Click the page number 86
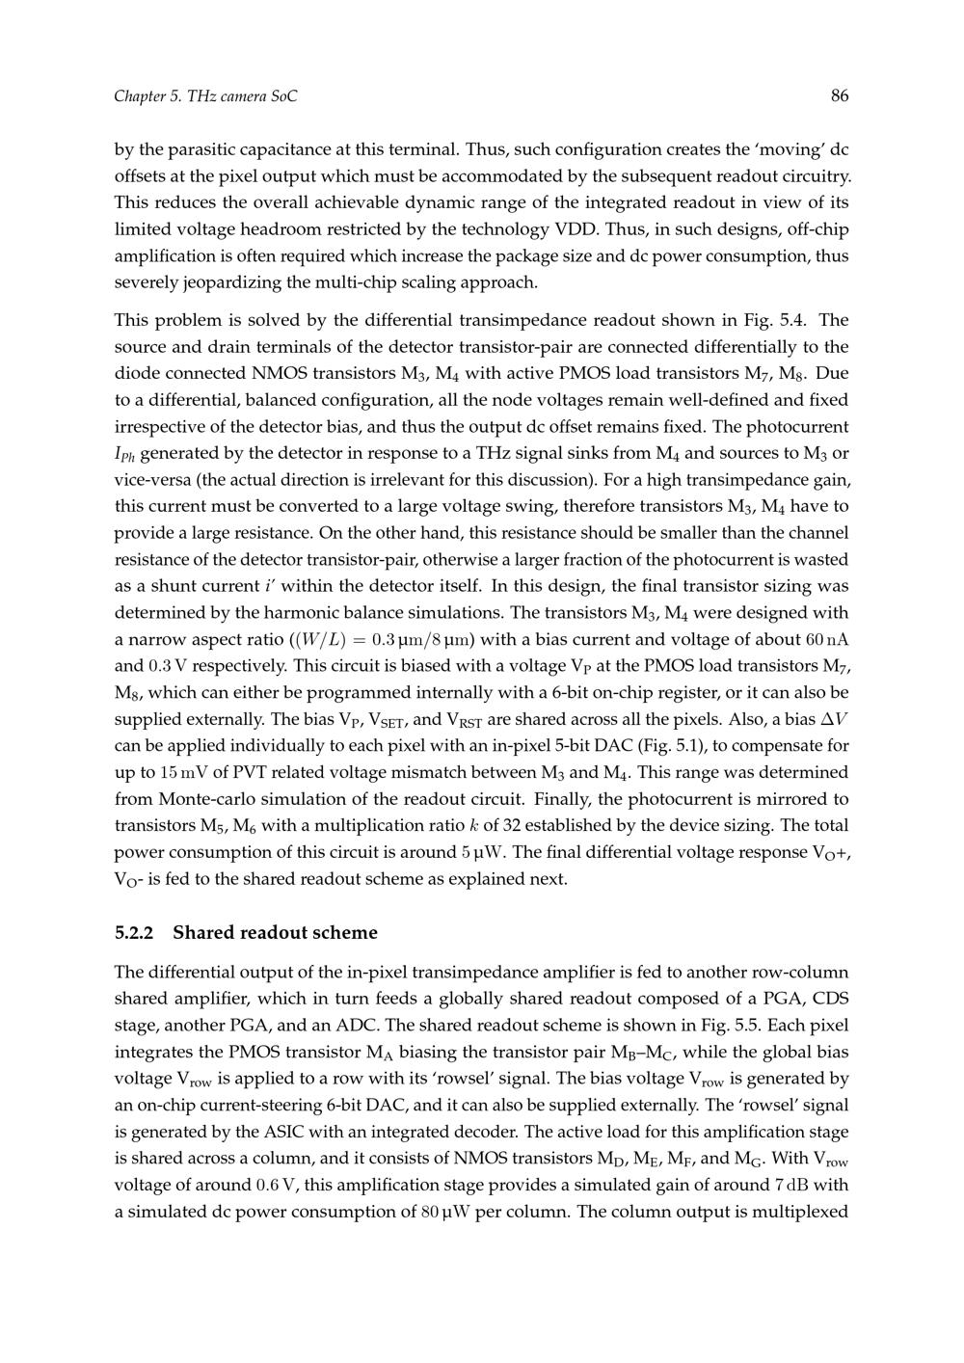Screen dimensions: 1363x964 click(x=839, y=95)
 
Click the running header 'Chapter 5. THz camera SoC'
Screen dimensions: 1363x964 click(x=205, y=96)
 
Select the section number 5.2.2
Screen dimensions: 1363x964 click(x=134, y=932)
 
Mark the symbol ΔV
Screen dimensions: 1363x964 click(x=831, y=719)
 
